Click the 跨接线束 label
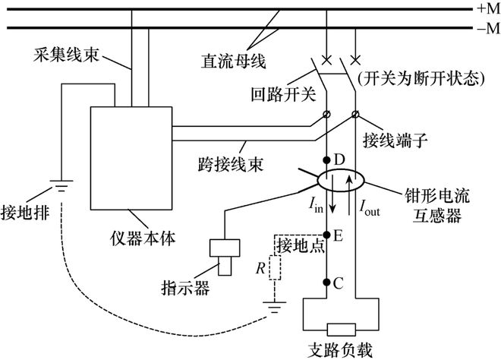216,162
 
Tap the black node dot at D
327,161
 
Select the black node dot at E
327,235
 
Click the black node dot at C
327,283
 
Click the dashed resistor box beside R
276,269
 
